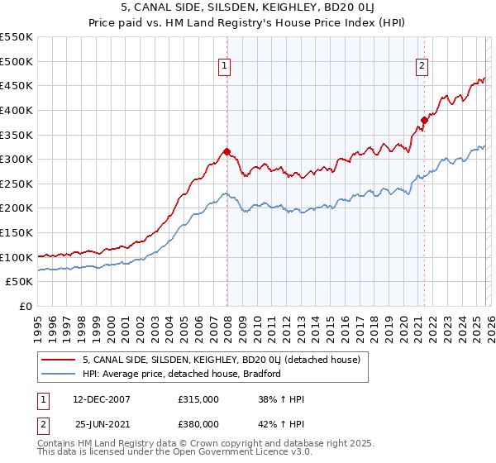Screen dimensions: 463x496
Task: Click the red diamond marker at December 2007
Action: (x=227, y=151)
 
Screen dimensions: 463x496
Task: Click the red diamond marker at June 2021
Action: (x=424, y=119)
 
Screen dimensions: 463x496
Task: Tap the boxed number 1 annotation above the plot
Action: (x=224, y=68)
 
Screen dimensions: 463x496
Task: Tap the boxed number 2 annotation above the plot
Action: (x=422, y=68)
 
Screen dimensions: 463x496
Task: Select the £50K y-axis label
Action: (x=19, y=282)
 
